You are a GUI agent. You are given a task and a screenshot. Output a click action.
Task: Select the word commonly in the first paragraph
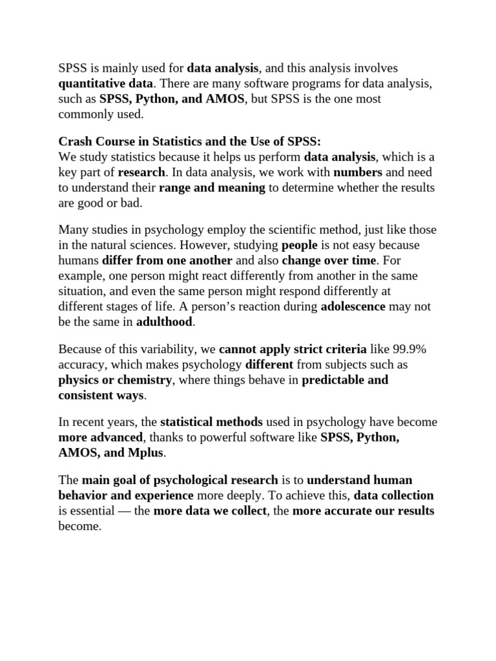(x=85, y=114)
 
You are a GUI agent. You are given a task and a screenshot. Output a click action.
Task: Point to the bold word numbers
(x=358, y=172)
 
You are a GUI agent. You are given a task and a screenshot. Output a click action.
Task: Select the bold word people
(x=300, y=245)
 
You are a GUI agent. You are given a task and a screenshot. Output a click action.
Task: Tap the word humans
(x=79, y=261)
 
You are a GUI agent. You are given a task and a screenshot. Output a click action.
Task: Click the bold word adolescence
(x=353, y=307)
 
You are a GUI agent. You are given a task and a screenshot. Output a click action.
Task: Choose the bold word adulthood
(x=165, y=321)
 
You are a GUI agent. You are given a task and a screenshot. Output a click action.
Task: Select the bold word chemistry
(x=143, y=380)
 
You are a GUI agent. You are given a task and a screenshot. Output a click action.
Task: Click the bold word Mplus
(x=146, y=453)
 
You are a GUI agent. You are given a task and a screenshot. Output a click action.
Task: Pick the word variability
(x=139, y=349)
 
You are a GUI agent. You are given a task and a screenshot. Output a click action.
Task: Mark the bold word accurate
(x=347, y=511)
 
